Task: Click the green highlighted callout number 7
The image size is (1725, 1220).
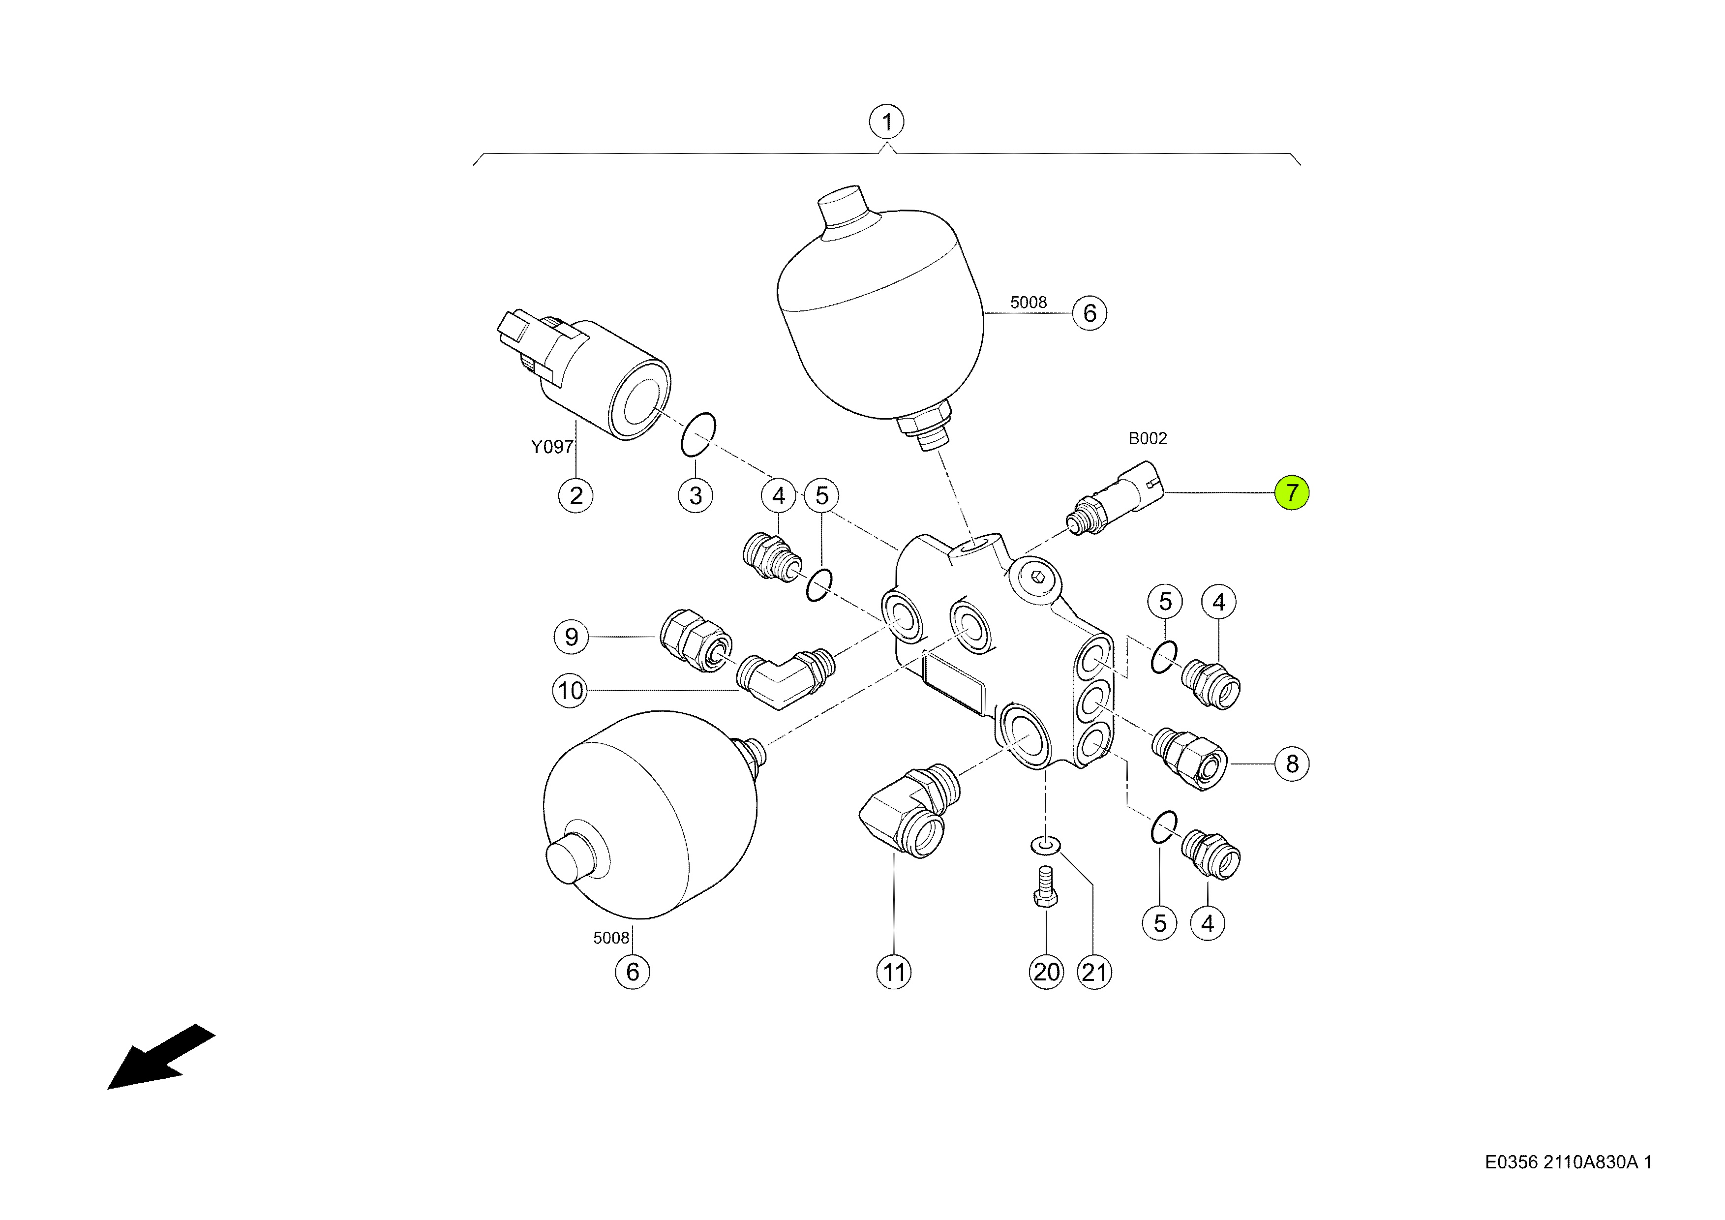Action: tap(1292, 493)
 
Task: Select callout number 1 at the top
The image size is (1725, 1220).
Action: tap(886, 122)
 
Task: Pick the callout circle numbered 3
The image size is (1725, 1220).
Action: tap(696, 496)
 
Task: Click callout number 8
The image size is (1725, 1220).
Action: tap(1292, 764)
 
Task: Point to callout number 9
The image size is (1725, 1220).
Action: tap(571, 637)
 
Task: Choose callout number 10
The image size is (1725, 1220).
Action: tap(570, 690)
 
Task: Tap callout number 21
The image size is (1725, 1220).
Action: tap(1094, 972)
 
